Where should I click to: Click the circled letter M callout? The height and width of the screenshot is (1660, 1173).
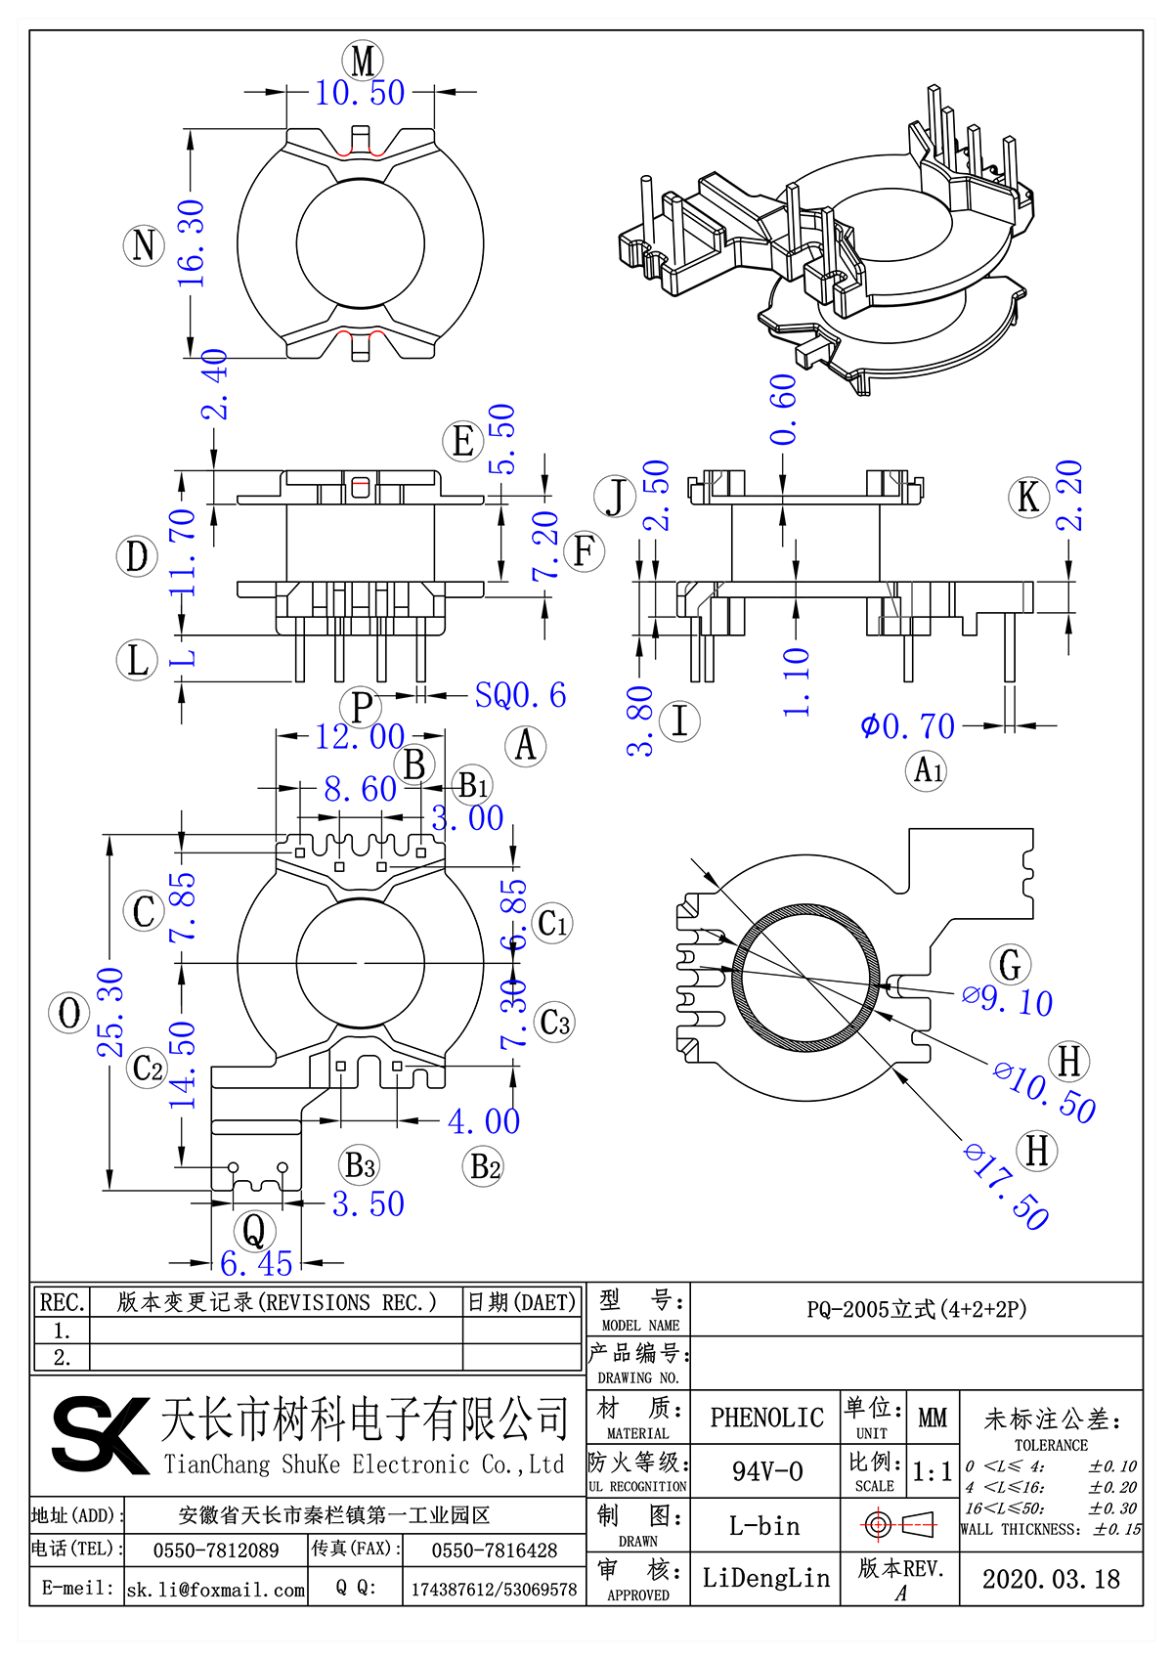[x=363, y=61]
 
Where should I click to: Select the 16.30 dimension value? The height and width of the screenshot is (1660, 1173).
[x=192, y=243]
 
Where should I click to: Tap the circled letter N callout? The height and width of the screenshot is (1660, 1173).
[x=144, y=244]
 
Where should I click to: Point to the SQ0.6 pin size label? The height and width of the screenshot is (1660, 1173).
[x=520, y=695]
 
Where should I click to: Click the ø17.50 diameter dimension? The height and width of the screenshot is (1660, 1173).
[x=1006, y=1186]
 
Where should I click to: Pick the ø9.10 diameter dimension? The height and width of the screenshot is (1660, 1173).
[x=1007, y=999]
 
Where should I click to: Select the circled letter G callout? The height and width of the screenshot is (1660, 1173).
[x=1010, y=965]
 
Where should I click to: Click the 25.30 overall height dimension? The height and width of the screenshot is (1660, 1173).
[x=110, y=1012]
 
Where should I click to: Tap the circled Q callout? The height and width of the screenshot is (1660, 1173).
[x=253, y=1230]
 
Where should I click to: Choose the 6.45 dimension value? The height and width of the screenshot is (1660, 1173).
[x=256, y=1263]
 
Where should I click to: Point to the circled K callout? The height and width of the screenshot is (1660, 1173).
[x=1028, y=497]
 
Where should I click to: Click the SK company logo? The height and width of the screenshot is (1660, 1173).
[x=99, y=1434]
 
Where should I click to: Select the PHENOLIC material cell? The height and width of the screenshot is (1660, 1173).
[x=766, y=1418]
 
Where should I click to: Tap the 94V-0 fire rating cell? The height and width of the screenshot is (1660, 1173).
[x=766, y=1471]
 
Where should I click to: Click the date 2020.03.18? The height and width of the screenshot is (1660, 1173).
[x=1051, y=1579]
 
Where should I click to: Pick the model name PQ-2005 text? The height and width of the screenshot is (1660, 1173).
[x=916, y=1309]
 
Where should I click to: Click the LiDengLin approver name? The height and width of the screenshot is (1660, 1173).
[x=765, y=1578]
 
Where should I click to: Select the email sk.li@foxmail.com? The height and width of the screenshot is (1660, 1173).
[x=216, y=1590]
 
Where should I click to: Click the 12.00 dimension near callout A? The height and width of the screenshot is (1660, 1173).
[x=359, y=736]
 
